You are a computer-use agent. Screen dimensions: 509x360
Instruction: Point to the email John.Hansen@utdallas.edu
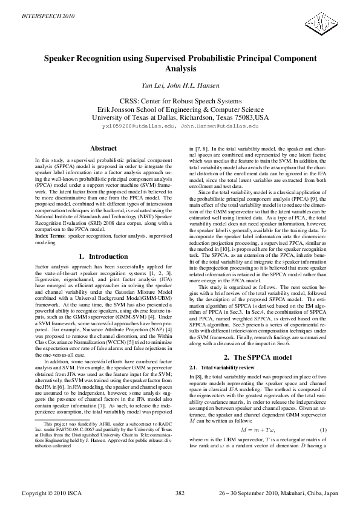coord(220,128)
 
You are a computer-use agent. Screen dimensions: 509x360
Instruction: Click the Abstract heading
coord(103,148)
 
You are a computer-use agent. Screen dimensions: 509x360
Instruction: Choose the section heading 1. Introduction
coord(103,256)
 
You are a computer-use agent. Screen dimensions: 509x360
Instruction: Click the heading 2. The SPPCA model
coord(257,357)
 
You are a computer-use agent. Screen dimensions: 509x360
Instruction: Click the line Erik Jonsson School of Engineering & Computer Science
coord(180,109)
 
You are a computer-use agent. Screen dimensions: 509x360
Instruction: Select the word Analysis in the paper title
coord(180,70)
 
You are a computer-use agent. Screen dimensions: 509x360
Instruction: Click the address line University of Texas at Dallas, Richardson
coord(180,117)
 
